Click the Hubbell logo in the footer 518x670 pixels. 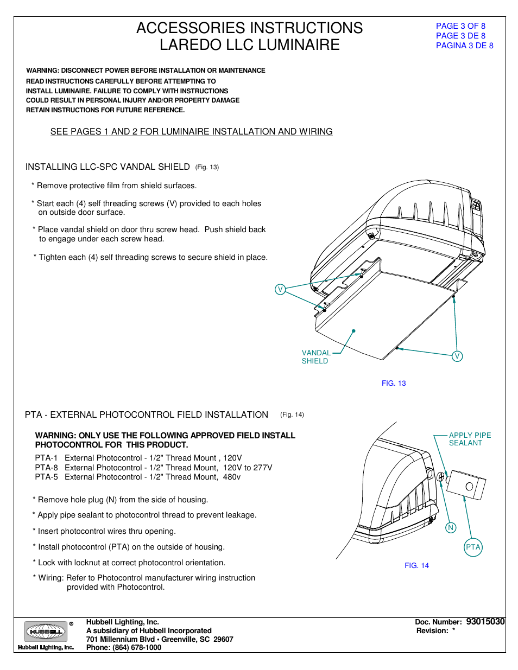click(x=46, y=632)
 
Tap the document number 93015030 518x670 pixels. click(x=485, y=622)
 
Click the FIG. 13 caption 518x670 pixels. click(x=394, y=384)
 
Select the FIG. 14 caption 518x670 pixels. click(x=416, y=566)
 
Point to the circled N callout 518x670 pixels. click(x=451, y=528)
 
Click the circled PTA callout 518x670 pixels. click(x=473, y=547)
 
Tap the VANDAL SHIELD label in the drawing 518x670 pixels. click(x=315, y=357)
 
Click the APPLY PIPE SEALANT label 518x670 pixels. click(x=470, y=439)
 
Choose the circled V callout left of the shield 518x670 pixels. click(x=280, y=290)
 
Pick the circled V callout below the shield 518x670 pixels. click(x=457, y=356)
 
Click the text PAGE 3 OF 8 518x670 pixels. click(x=460, y=26)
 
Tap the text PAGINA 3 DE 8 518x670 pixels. click(x=464, y=46)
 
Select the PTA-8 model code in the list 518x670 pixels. click(x=46, y=468)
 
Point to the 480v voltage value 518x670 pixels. click(x=232, y=477)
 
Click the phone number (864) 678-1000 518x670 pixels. click(x=137, y=648)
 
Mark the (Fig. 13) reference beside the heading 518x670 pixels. click(x=207, y=168)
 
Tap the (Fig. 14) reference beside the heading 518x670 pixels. click(x=292, y=415)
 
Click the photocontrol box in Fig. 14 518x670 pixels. click(x=466, y=485)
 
